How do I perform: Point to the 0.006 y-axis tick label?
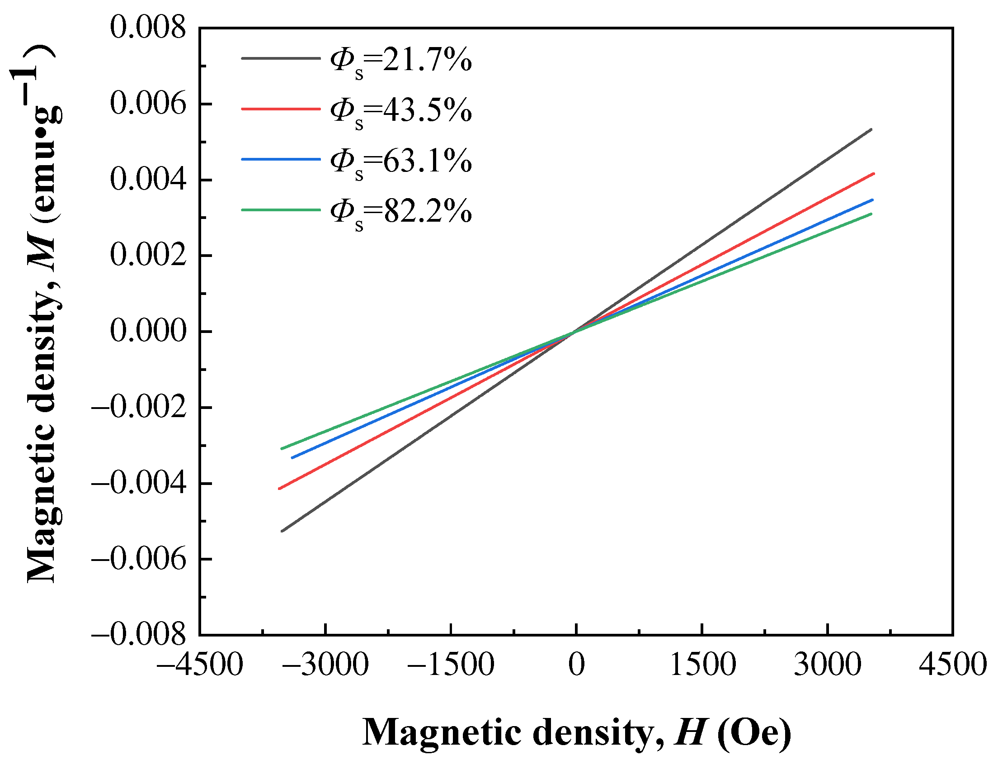(148, 103)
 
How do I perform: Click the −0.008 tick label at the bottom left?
(139, 634)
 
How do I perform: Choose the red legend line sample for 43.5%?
(280, 109)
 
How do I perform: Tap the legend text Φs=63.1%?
(400, 162)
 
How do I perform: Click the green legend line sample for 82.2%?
(280, 209)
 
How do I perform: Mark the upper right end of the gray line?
(871, 130)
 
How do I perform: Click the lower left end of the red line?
(279, 489)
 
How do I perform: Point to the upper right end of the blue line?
(872, 200)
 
